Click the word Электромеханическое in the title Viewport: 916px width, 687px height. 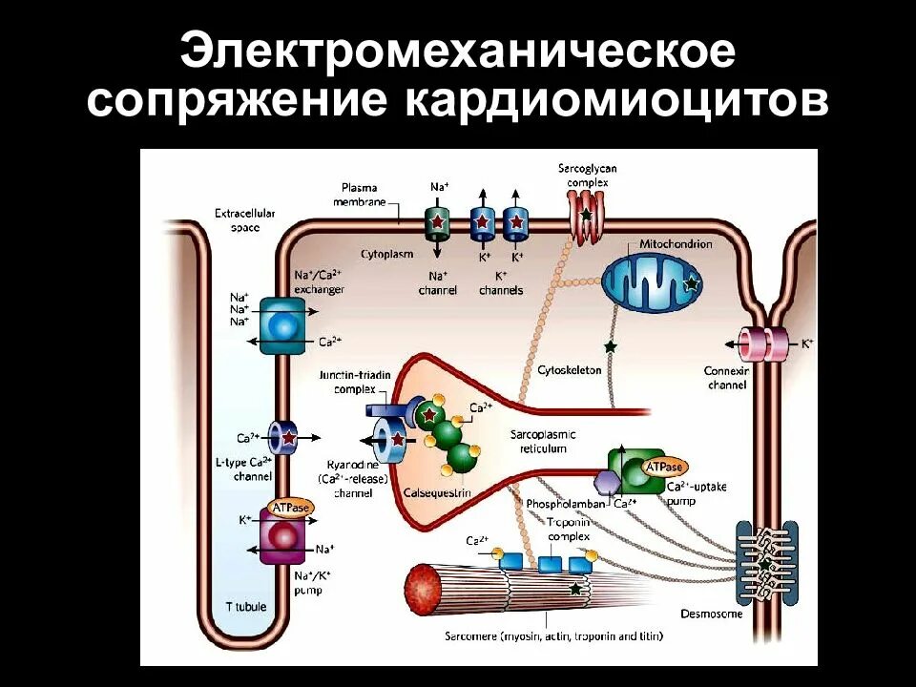(x=458, y=52)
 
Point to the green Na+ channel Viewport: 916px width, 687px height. (x=438, y=222)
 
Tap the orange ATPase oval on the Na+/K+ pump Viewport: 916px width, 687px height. (x=290, y=509)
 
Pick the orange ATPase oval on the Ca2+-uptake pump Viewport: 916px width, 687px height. (x=665, y=468)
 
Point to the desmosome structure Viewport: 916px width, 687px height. (x=765, y=563)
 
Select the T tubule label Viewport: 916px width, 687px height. (x=246, y=606)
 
